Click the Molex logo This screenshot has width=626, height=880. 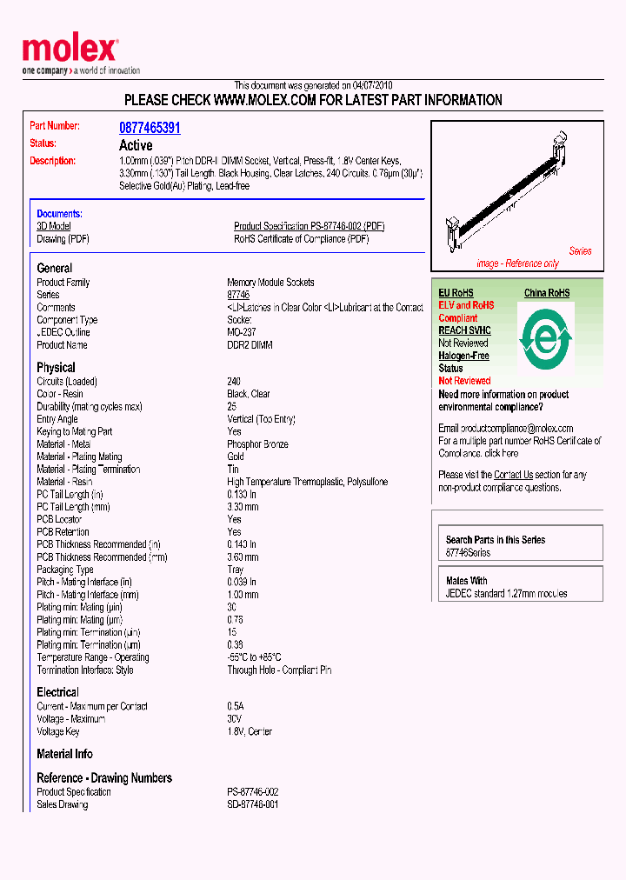click(x=70, y=51)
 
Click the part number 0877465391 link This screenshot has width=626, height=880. click(x=150, y=128)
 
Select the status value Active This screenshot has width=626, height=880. click(x=136, y=145)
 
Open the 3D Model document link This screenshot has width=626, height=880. click(x=53, y=226)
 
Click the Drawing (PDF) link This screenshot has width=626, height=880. click(x=63, y=238)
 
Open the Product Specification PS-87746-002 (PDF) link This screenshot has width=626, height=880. click(x=309, y=226)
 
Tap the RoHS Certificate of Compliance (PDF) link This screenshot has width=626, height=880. click(x=301, y=238)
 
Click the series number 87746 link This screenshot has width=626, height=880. click(x=237, y=296)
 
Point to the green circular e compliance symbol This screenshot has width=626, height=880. click(x=545, y=338)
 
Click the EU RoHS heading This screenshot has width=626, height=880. click(x=456, y=293)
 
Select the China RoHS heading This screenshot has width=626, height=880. click(x=546, y=293)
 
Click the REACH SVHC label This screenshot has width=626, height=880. click(x=464, y=330)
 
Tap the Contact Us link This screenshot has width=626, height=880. click(x=513, y=475)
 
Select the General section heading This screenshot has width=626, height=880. click(x=55, y=269)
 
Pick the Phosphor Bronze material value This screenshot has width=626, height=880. click(x=257, y=444)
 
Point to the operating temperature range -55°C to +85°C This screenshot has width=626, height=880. click(x=254, y=657)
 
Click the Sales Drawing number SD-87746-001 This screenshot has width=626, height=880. click(x=253, y=804)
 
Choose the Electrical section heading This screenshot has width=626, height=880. click(x=57, y=692)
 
